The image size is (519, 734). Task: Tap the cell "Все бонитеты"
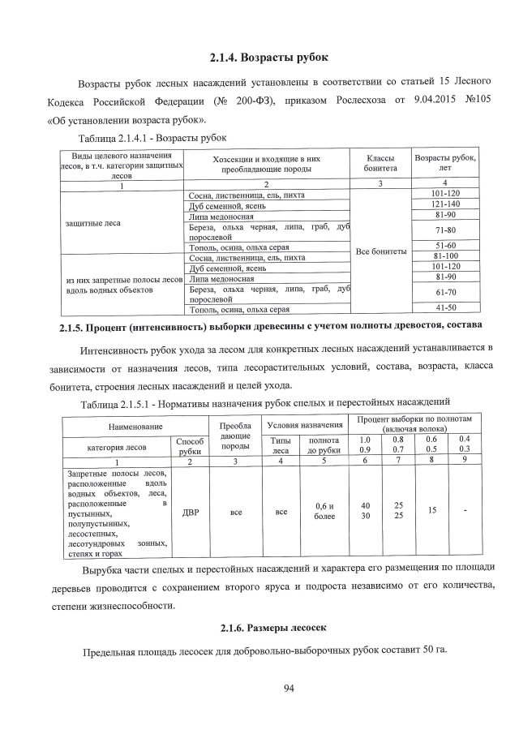[x=381, y=251]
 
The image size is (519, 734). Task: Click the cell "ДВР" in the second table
[x=190, y=512]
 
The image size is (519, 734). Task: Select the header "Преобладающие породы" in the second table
[x=235, y=435]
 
